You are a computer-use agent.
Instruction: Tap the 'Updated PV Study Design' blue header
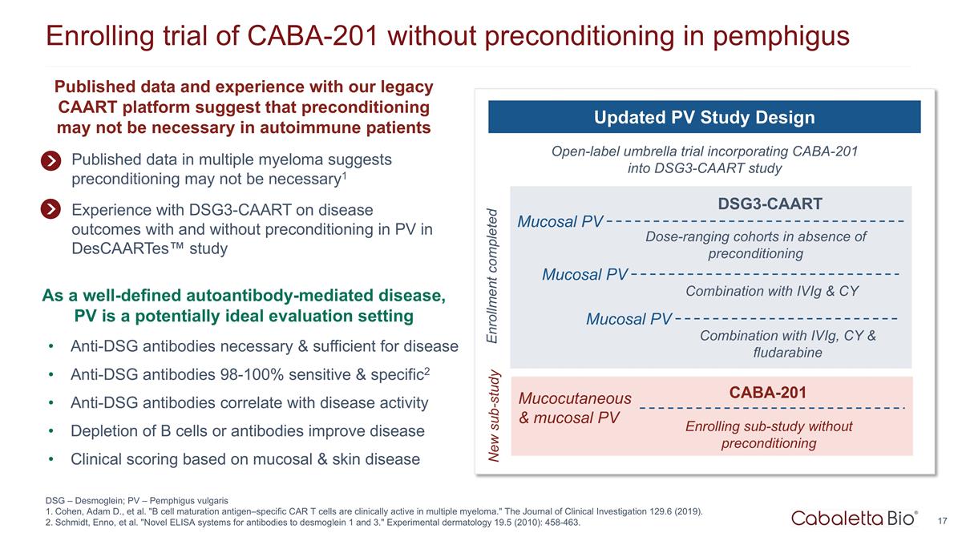pyautogui.click(x=704, y=118)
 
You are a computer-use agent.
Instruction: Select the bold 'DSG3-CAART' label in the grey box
pyautogui.click(x=770, y=204)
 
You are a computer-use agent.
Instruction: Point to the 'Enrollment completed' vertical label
pyautogui.click(x=492, y=277)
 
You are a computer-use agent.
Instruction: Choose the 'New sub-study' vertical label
pyautogui.click(x=492, y=416)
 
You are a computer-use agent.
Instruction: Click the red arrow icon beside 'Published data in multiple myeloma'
pyautogui.click(x=51, y=160)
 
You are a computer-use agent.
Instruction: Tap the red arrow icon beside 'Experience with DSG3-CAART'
pyautogui.click(x=51, y=209)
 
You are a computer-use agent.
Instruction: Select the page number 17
pyautogui.click(x=943, y=520)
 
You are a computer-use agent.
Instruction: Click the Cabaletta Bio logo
pyautogui.click(x=855, y=519)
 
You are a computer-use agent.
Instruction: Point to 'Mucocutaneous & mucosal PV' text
pyautogui.click(x=575, y=408)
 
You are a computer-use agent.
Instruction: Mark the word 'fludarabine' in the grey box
pyautogui.click(x=788, y=353)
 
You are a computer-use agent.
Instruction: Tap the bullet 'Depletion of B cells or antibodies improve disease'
pyautogui.click(x=247, y=430)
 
